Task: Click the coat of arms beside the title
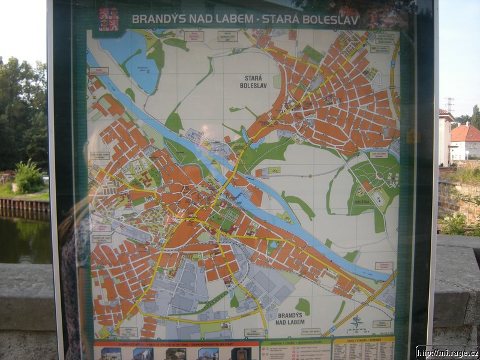point(109,19)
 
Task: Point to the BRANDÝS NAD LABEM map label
point(290,319)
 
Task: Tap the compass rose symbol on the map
point(357,322)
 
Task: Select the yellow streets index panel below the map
point(363,349)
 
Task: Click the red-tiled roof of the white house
point(466,133)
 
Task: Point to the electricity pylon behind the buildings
point(449,104)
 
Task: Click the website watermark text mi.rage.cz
point(447,352)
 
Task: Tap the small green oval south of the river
point(303,306)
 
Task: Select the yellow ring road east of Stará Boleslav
point(394,78)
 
